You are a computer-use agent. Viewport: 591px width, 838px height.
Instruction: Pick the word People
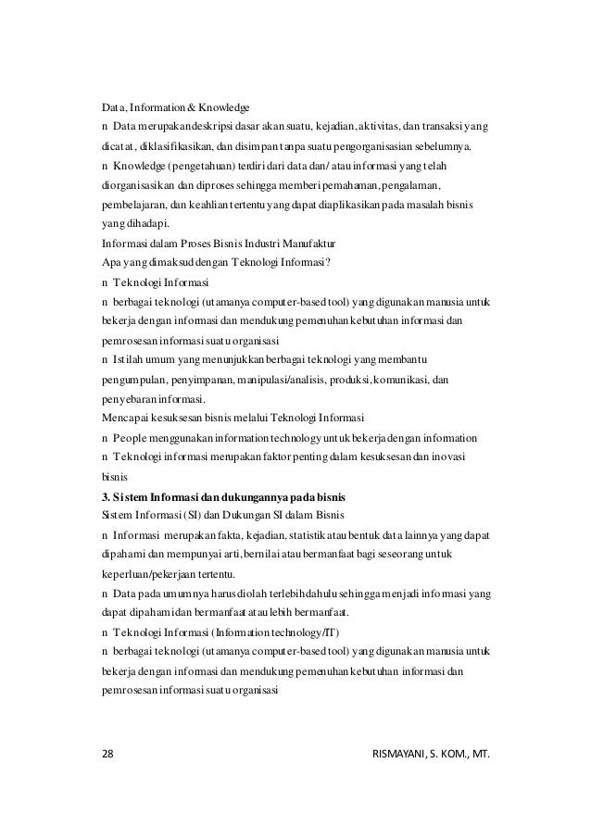tap(130, 437)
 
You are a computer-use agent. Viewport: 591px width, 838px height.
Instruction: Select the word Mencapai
tap(121, 418)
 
